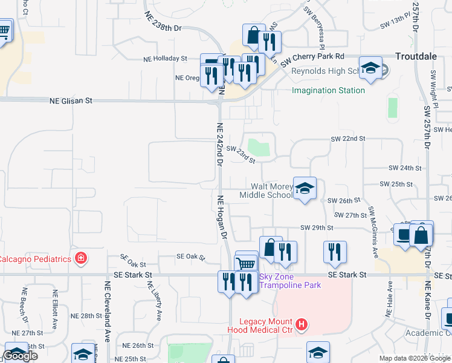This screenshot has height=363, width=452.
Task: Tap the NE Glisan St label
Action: click(71, 102)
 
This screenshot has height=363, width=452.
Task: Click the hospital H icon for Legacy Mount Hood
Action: click(302, 325)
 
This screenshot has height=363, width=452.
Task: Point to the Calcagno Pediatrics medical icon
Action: click(80, 259)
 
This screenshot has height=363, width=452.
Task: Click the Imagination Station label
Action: click(328, 90)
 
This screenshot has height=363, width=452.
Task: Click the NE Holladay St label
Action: click(165, 59)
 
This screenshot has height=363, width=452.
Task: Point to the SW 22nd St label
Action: click(348, 139)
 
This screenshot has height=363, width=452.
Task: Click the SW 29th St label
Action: click(317, 227)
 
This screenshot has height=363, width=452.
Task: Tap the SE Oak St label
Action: click(133, 261)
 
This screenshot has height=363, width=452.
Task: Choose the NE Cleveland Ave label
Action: click(108, 311)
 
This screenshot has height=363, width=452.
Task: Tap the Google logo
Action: click(20, 356)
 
